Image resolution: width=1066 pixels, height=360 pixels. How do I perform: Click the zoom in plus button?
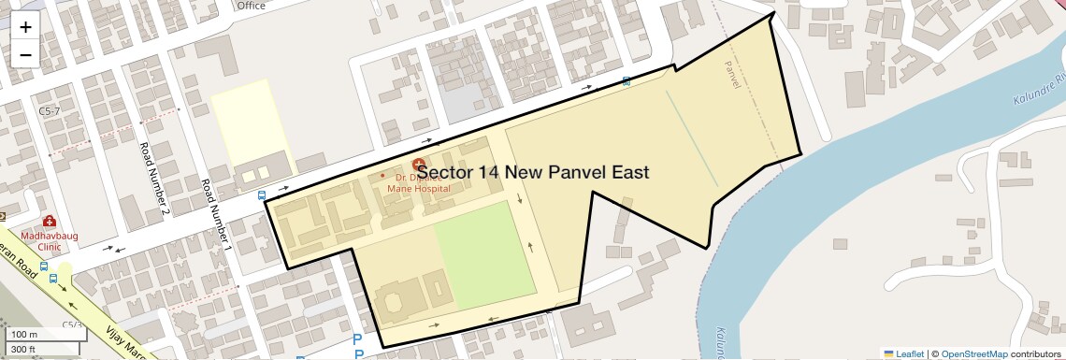coord(25,26)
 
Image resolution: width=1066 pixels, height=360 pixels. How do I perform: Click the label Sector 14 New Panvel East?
coord(533,172)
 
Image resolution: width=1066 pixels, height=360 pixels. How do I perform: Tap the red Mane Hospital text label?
coord(419,188)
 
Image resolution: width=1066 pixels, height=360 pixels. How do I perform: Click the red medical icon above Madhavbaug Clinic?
coord(49,223)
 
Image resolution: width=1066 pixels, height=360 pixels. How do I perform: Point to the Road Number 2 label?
coord(154,179)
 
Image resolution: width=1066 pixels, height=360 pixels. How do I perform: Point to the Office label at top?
coord(252,5)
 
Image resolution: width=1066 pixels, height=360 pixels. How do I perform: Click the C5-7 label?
coord(49,111)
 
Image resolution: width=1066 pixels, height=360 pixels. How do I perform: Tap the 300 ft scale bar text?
coord(24,349)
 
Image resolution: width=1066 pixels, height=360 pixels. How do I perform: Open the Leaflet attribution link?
coord(903,353)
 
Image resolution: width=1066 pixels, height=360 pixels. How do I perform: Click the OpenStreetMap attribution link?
coord(973,353)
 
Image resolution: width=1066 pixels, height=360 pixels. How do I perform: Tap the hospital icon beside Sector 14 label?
coord(419,163)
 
